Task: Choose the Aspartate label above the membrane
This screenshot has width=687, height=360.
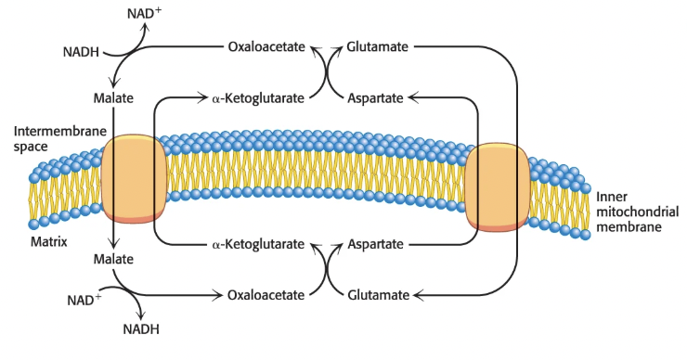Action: point(377,96)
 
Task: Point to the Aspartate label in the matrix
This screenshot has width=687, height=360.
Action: point(377,245)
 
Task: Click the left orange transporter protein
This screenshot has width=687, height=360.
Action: point(135,180)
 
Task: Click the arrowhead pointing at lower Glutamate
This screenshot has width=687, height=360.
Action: point(417,295)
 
